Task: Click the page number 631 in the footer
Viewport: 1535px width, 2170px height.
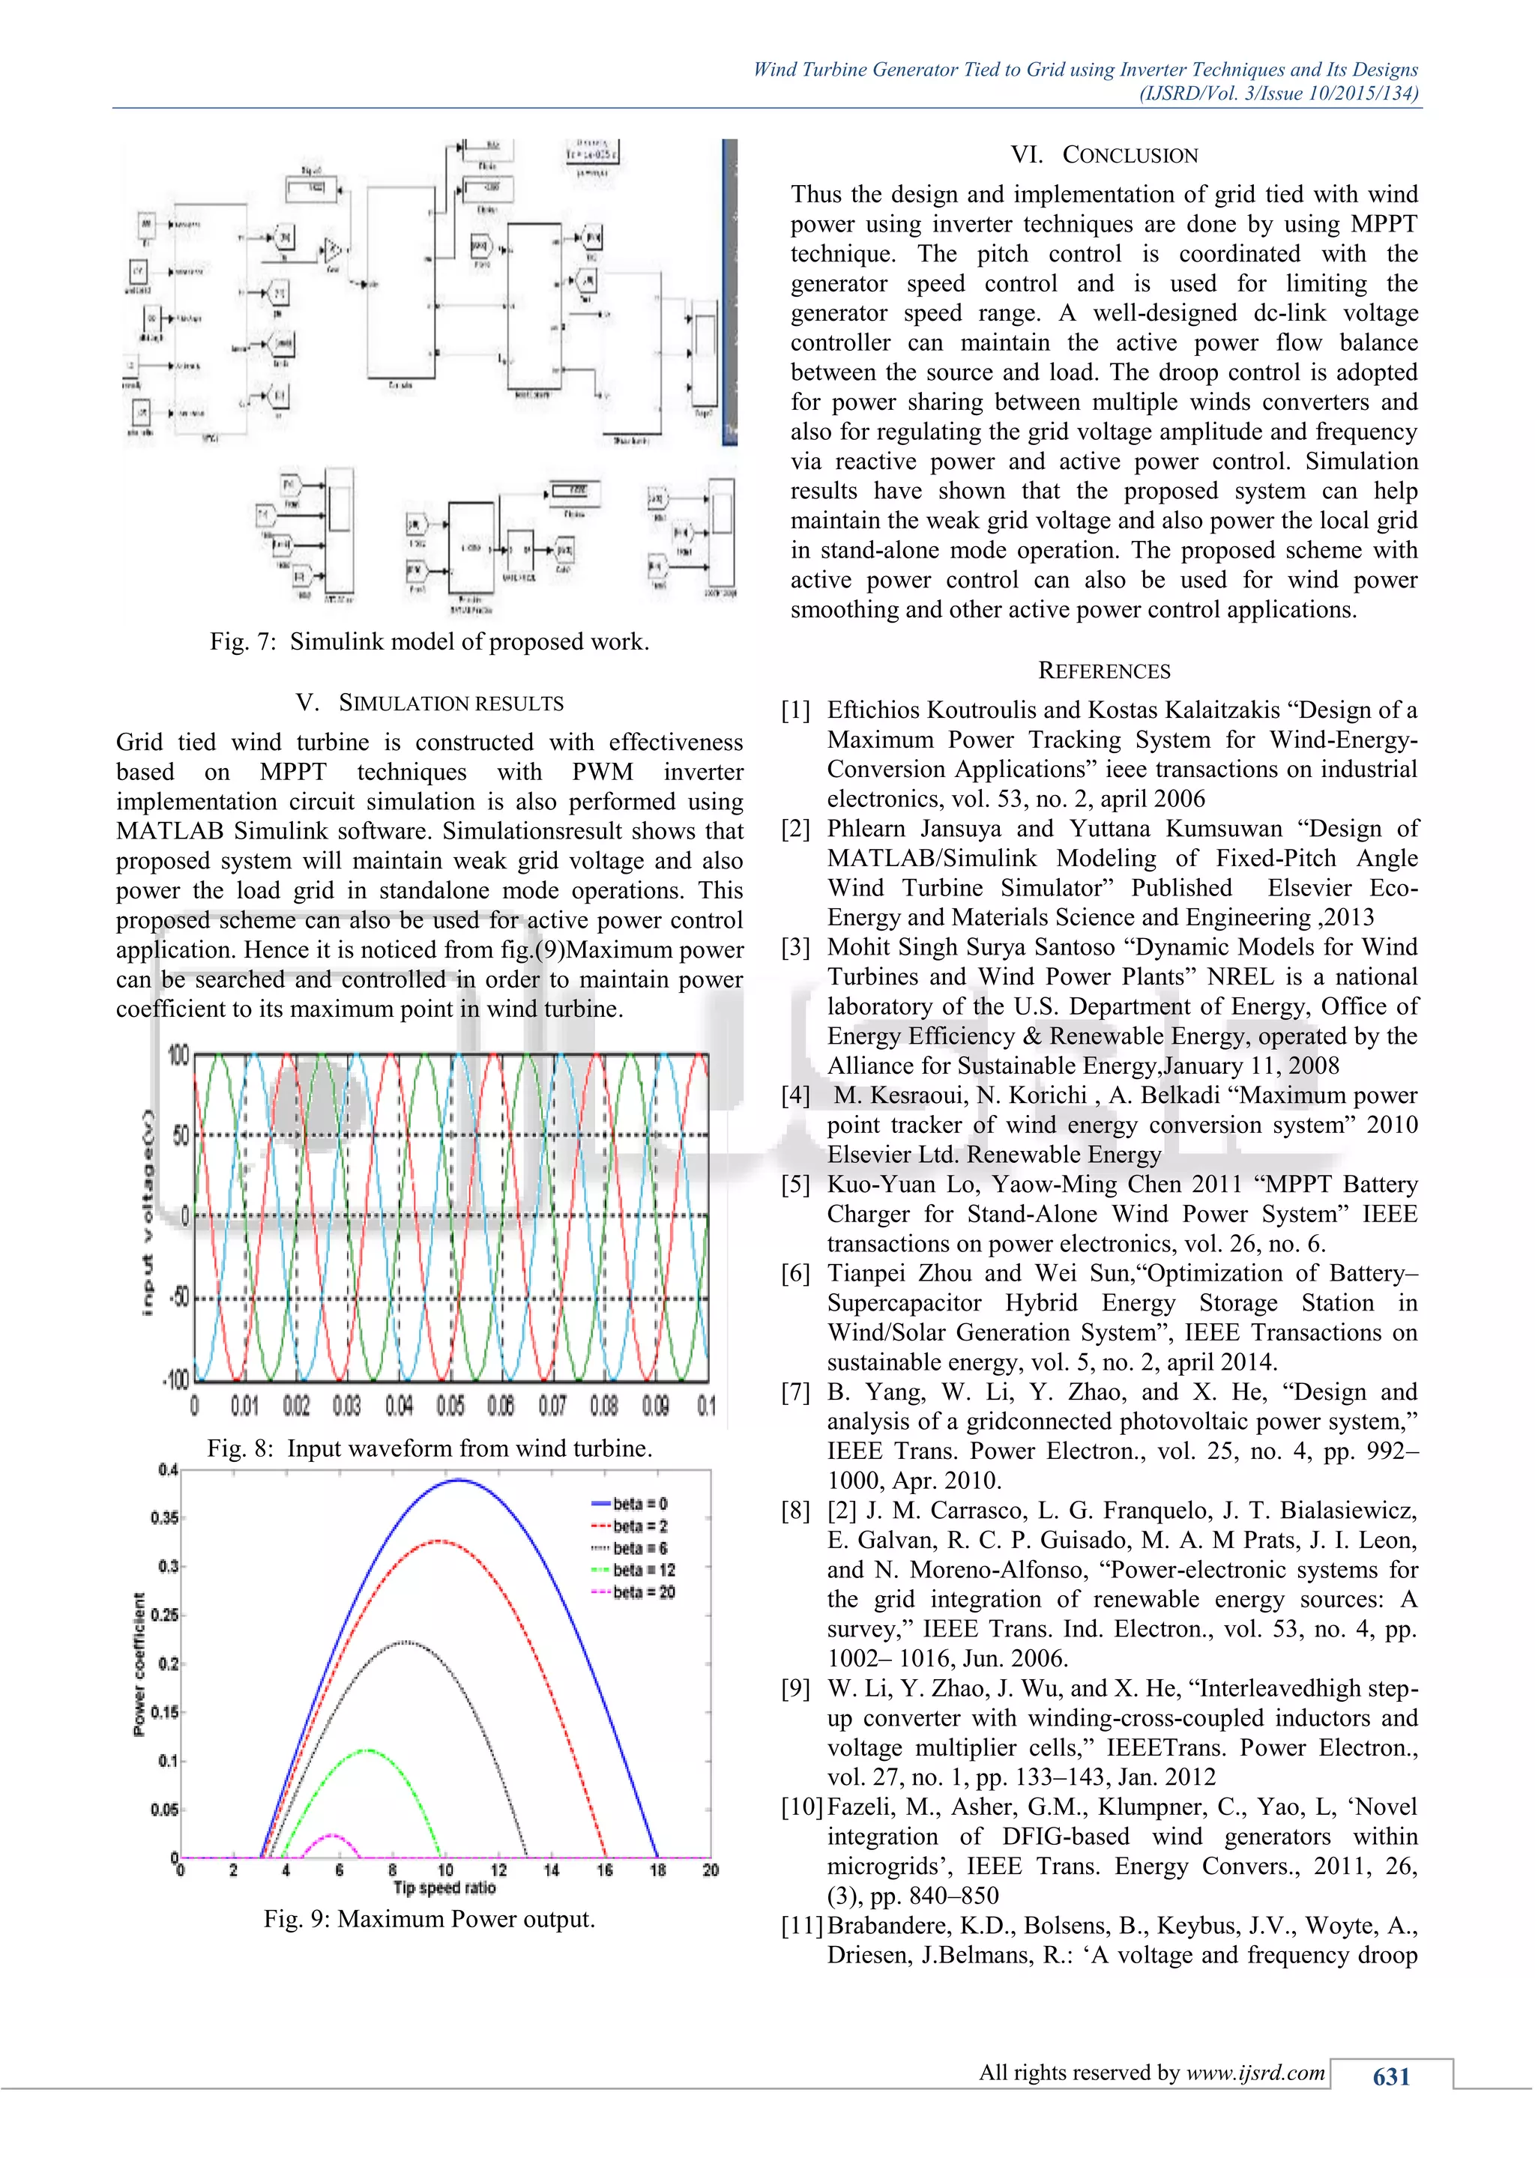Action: point(1390,2076)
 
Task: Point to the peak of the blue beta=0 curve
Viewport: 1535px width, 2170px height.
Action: point(459,1480)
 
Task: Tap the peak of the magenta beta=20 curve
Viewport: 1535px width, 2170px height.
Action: point(333,1834)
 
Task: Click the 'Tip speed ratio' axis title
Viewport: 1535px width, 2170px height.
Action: point(444,1888)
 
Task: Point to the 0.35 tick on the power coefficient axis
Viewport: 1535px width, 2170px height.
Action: point(163,1518)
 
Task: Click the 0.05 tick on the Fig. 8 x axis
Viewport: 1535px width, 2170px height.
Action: point(450,1406)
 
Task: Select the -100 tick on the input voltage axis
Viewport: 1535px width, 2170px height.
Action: point(177,1380)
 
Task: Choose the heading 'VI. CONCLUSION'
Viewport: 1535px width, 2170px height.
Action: point(1104,155)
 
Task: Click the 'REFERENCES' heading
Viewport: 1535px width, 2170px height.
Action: point(1104,671)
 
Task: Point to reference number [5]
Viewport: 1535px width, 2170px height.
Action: point(796,1184)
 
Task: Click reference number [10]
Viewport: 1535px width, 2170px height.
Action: point(801,1807)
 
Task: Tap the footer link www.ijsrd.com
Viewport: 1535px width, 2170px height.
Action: point(1255,2073)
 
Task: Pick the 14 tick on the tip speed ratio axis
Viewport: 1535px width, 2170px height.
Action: point(551,1870)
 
